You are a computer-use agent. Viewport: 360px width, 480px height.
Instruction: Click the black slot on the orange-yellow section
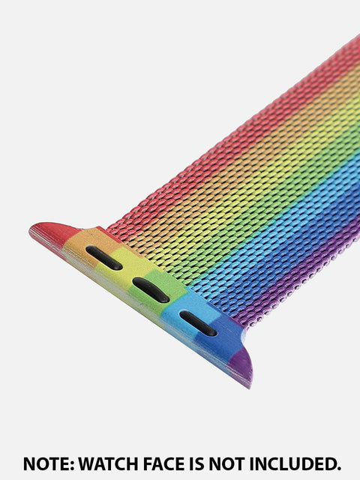pyautogui.click(x=103, y=257)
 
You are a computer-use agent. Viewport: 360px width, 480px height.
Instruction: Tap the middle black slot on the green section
pyautogui.click(x=151, y=290)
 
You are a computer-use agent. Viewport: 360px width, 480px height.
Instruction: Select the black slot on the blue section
pyautogui.click(x=198, y=323)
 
